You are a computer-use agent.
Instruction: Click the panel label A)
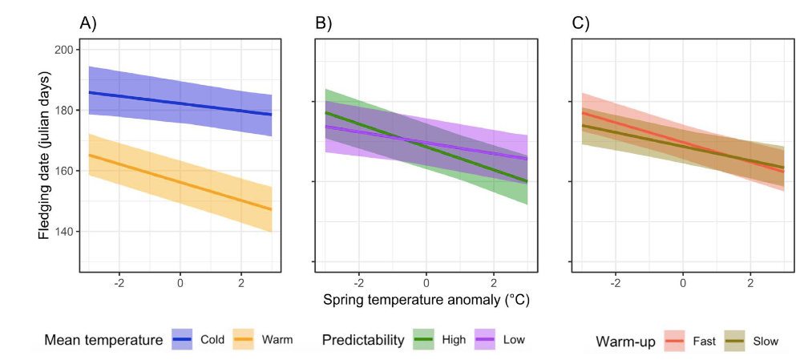point(88,23)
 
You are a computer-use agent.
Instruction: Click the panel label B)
point(323,23)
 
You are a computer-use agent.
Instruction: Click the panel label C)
point(580,23)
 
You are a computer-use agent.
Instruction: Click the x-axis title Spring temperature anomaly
point(426,301)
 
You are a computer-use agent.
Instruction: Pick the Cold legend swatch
point(187,339)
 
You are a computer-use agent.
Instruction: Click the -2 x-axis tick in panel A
point(119,283)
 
